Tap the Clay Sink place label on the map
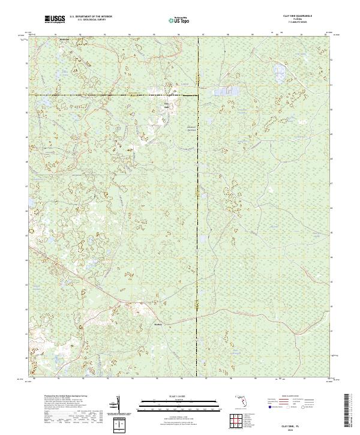pos(167,105)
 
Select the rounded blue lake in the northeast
pos(278,74)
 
